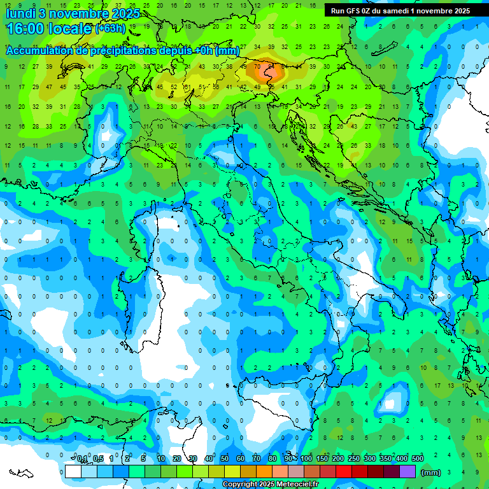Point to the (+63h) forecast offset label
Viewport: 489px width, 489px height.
[x=110, y=29]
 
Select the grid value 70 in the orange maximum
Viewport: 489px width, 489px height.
[x=257, y=66]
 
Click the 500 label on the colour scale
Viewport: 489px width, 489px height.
[x=418, y=459]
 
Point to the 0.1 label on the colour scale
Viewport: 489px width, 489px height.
[x=82, y=459]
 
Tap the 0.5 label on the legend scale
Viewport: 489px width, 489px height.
[x=98, y=459]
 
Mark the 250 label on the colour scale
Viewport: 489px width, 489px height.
[x=354, y=459]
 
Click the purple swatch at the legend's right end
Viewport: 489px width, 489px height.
[x=407, y=471]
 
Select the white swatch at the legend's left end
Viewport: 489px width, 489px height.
[x=73, y=471]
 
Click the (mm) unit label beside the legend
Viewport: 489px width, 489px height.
[x=431, y=472]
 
